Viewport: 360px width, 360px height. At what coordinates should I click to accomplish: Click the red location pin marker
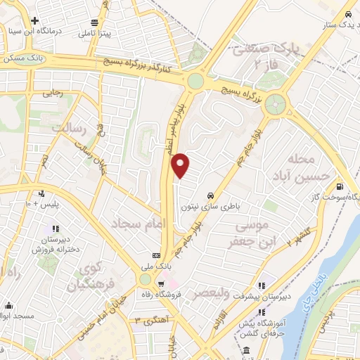pos(181,165)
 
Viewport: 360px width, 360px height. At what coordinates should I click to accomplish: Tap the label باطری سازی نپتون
pos(209,207)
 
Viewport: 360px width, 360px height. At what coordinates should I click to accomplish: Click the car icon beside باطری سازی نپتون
pos(210,195)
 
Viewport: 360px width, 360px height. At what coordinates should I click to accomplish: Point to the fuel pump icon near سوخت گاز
pos(340,187)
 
